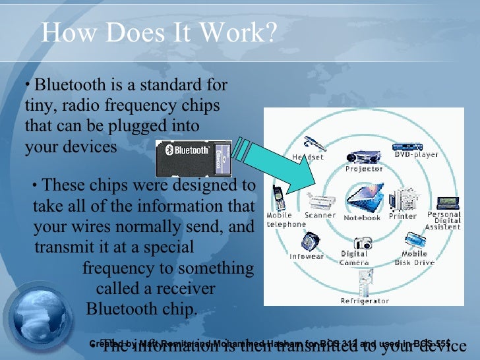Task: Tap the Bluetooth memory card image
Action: pos(193,158)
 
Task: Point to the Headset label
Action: pos(307,158)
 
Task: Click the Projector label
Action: pos(364,169)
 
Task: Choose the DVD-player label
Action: pos(415,155)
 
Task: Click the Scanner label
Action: pos(320,216)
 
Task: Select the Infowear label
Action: pos(307,256)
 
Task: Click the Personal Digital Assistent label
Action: pos(443,220)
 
